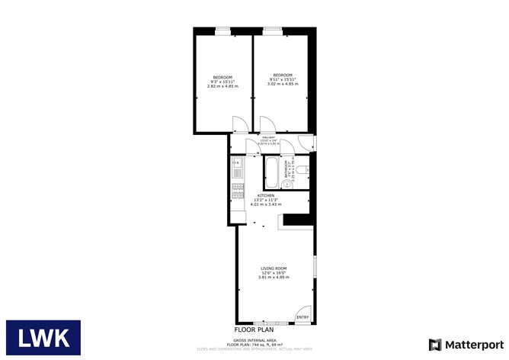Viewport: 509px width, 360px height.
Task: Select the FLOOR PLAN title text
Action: point(254,329)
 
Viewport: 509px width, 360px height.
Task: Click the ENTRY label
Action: point(303,317)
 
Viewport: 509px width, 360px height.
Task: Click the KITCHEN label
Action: point(265,196)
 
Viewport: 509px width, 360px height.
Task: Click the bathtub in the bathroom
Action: point(271,172)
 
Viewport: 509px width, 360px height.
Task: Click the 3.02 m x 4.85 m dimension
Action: point(283,84)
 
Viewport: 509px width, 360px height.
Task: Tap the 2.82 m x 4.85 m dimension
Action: point(222,85)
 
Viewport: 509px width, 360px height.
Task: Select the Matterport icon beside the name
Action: point(435,344)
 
